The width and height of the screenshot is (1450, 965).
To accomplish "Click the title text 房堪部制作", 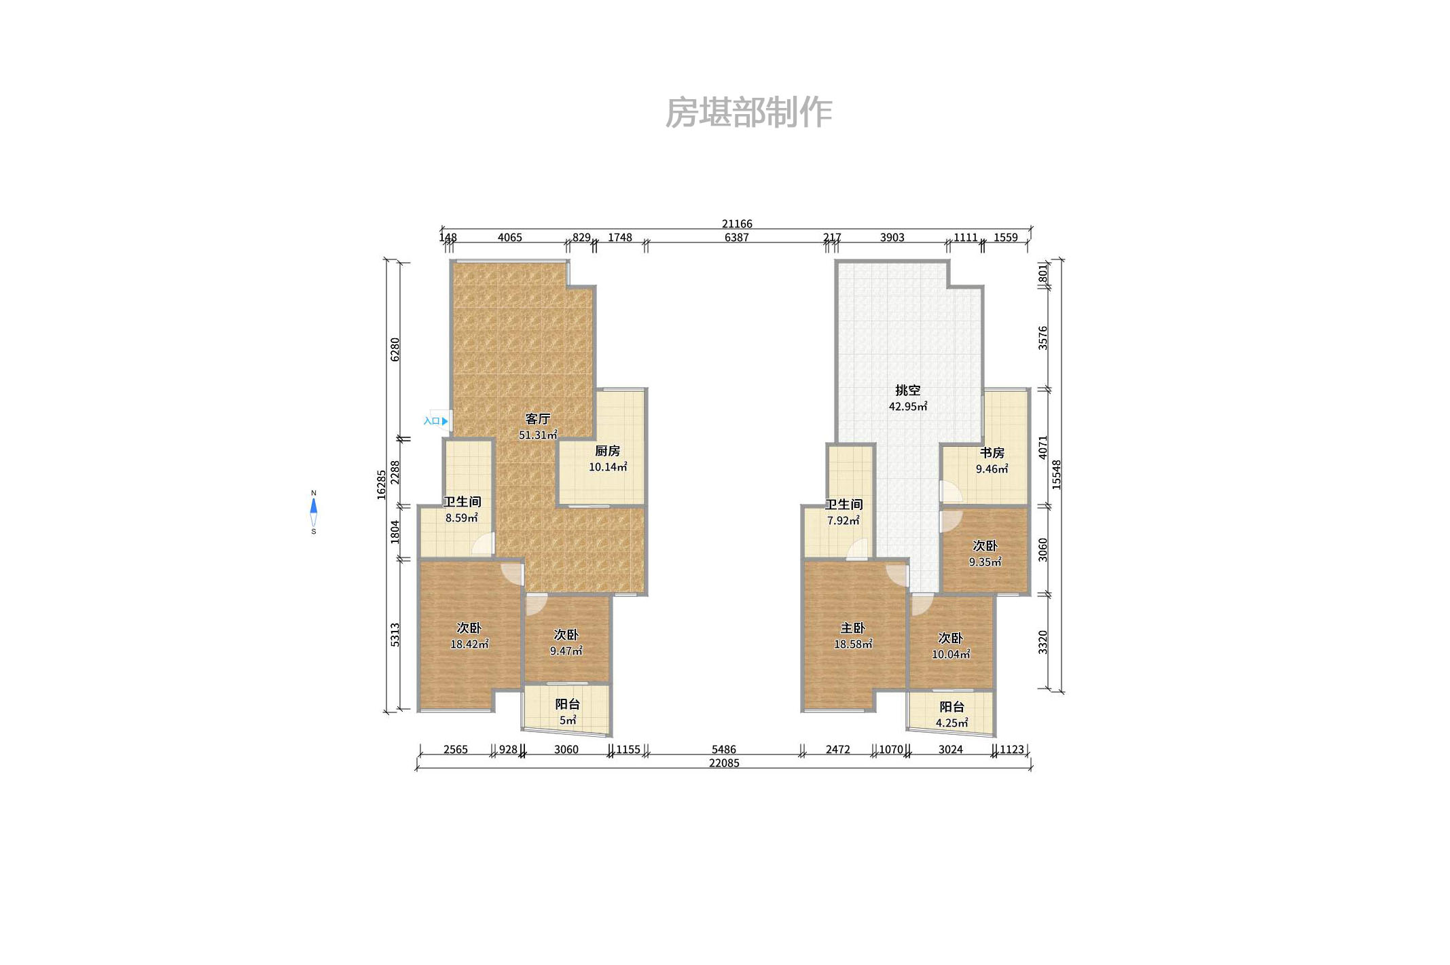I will [748, 112].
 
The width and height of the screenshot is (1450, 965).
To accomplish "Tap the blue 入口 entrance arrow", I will [444, 421].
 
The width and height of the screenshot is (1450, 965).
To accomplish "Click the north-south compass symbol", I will [313, 512].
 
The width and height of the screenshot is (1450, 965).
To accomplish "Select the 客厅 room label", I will [538, 419].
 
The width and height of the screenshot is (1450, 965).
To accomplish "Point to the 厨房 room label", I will [607, 451].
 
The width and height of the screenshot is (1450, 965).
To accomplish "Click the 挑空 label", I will [907, 390].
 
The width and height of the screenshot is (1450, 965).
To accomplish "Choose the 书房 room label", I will [992, 453].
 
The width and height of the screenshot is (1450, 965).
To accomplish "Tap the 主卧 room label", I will [853, 628].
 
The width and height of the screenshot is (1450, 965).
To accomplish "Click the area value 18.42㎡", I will [469, 644].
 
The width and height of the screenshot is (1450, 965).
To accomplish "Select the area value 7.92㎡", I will [843, 521].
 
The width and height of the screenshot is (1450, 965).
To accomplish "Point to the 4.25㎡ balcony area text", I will [951, 723].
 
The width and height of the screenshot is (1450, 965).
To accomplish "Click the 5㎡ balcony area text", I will [568, 721].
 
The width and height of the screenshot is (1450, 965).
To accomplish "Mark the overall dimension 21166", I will [737, 223].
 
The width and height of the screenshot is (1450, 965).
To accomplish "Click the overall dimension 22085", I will [724, 763].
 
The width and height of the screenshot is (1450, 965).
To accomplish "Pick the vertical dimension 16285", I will [382, 485].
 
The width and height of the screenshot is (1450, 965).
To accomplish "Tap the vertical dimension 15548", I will [1056, 475].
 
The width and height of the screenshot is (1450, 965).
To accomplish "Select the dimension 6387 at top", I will [736, 238].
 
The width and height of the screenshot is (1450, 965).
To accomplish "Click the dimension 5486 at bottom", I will [723, 750].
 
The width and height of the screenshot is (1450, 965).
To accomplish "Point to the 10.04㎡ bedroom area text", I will [950, 655].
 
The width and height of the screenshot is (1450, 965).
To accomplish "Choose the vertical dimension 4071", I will [1043, 448].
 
